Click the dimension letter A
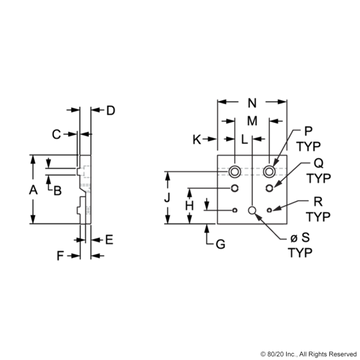[x=33, y=190]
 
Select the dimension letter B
[x=58, y=191]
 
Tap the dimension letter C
[x=57, y=134]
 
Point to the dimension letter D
[x=110, y=110]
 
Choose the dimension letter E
[x=109, y=239]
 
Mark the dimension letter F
[x=60, y=256]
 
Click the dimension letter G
[x=220, y=245]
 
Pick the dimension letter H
[x=190, y=207]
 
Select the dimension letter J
[x=167, y=199]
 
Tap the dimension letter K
[x=197, y=140]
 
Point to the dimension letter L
[x=245, y=140]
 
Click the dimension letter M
[x=252, y=121]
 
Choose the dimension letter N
[x=252, y=103]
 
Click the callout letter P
[x=308, y=131]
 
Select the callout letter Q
[x=319, y=163]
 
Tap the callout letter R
[x=319, y=202]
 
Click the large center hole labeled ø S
[x=252, y=210]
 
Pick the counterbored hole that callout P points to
[x=269, y=171]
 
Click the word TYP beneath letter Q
[x=319, y=178]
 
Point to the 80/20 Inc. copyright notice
[x=309, y=354]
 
